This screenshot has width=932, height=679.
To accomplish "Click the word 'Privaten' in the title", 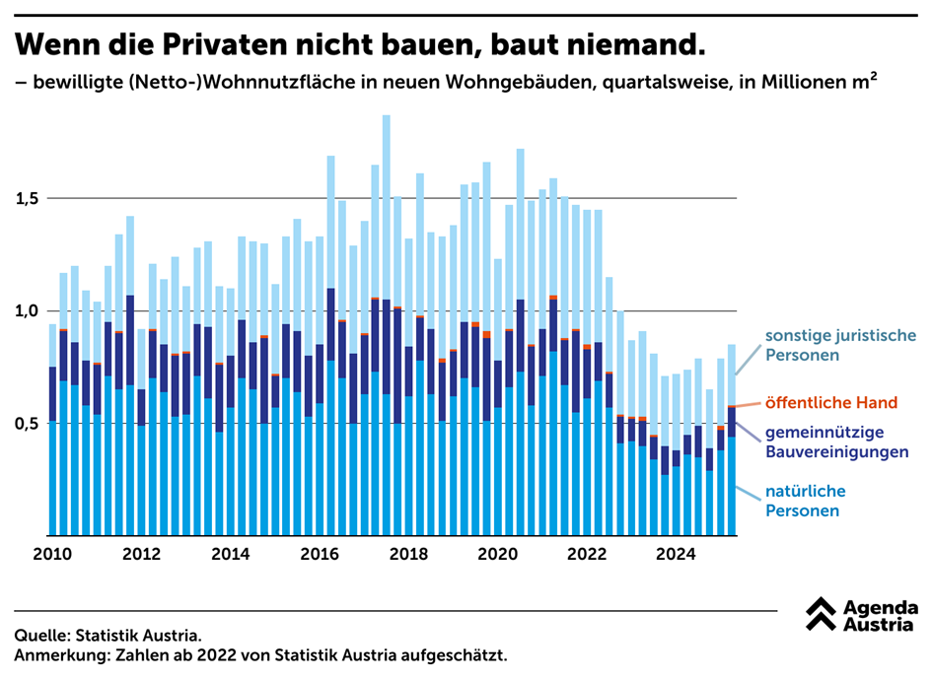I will [x=231, y=44].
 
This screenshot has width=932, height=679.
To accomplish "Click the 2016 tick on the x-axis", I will [x=321, y=553].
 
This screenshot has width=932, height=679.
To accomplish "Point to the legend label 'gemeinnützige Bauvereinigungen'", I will [x=836, y=442].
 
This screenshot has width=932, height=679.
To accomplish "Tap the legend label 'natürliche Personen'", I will [x=806, y=501].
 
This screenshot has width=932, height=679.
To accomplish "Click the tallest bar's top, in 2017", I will [x=387, y=116].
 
